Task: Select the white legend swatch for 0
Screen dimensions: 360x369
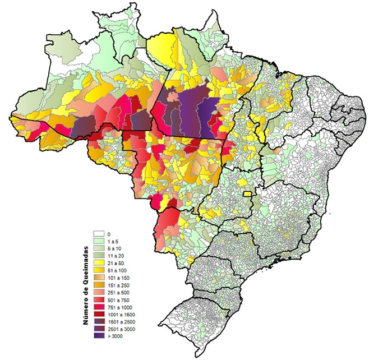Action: coord(99,233)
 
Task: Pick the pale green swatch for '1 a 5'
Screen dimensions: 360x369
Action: coord(99,240)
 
